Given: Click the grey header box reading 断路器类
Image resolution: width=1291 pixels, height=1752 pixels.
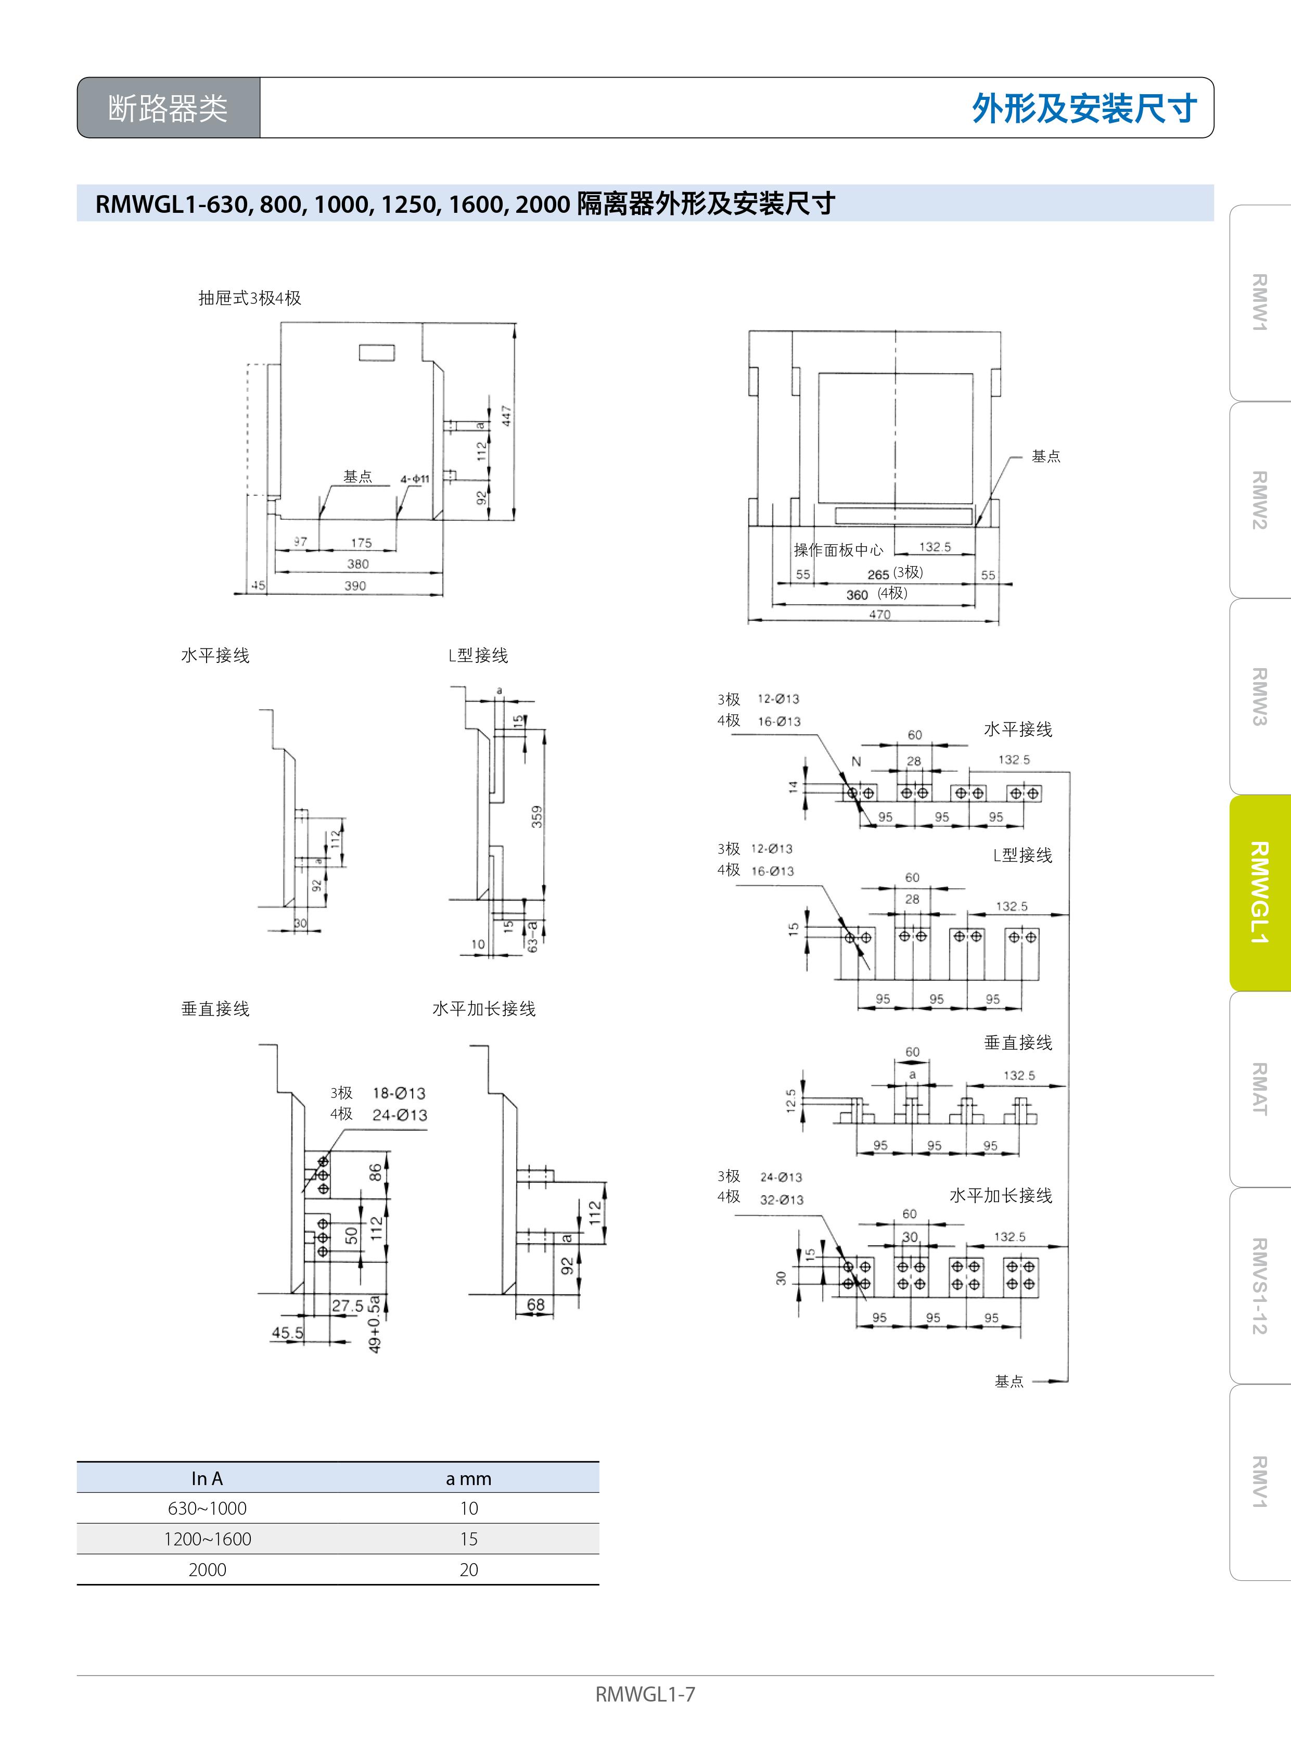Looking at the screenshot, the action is (x=168, y=108).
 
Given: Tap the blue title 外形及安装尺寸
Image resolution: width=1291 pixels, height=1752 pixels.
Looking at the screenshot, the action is (x=1084, y=109).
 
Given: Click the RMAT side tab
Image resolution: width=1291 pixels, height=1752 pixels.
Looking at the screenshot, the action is (x=1259, y=1089).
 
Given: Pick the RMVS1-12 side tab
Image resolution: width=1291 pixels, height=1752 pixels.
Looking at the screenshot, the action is (x=1259, y=1285).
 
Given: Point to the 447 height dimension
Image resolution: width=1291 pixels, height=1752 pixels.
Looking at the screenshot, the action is (x=506, y=416).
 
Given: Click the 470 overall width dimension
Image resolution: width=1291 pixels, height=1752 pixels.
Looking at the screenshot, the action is (x=880, y=614).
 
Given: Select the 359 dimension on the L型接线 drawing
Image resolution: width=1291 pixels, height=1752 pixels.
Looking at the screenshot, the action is (x=537, y=816).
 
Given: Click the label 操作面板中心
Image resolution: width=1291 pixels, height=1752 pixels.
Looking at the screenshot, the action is (x=838, y=550).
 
